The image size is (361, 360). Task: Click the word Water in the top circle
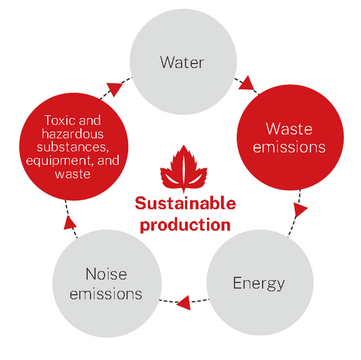point(182,62)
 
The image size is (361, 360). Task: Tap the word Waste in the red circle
point(289,129)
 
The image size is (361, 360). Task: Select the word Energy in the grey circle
point(259,283)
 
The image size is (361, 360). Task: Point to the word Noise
point(106,274)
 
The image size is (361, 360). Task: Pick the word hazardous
point(73,134)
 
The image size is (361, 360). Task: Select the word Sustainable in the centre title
point(185,204)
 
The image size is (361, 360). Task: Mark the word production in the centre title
point(185,225)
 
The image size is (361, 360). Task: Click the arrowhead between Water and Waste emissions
point(246,84)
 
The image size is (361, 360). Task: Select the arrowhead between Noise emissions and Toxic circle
point(69,222)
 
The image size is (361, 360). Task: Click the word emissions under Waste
point(289,147)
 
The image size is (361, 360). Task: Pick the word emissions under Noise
point(106,294)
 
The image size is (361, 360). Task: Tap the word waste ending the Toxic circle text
point(73,174)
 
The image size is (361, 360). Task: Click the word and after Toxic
point(90,121)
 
